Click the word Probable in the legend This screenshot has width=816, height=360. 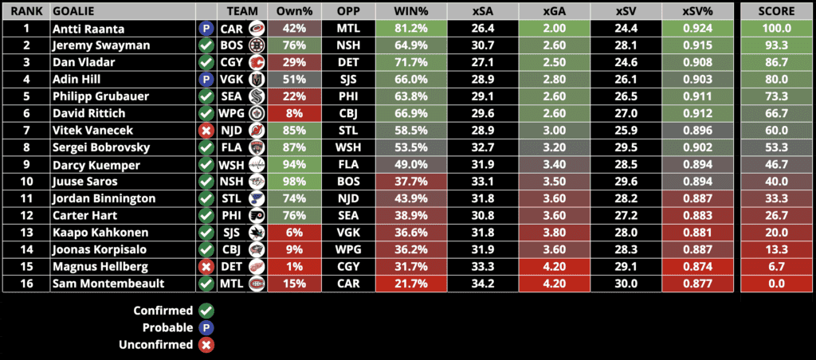167,328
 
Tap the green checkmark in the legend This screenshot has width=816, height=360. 206,311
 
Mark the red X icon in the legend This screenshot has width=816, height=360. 206,345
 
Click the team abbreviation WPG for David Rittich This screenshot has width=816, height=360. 231,114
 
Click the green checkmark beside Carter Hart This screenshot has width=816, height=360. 206,216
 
